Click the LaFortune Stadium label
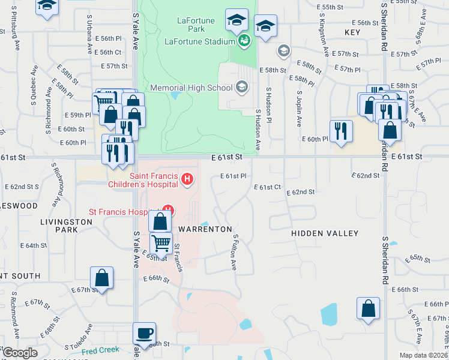pos(199,41)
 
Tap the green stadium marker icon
pos(244,41)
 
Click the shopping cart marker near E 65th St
pos(161,243)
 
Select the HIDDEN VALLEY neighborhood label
pos(325,233)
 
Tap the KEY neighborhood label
pos(352,32)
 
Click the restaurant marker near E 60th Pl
pos(341,131)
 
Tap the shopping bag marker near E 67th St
pos(102,278)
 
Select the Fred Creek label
pos(100,350)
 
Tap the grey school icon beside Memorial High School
pos(241,88)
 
